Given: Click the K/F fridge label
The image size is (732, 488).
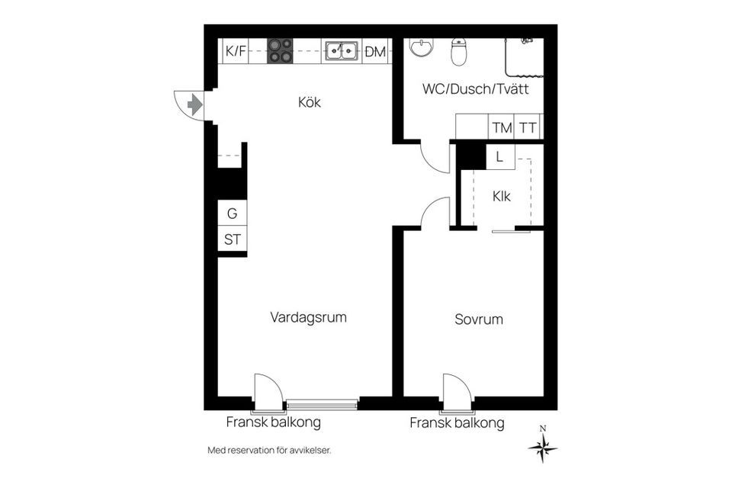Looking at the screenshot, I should coord(236,52).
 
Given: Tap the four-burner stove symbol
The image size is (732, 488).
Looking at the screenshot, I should coord(279,51).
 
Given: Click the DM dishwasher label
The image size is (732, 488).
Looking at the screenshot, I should coord(375,52).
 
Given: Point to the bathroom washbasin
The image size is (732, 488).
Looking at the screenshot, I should coord(420,48).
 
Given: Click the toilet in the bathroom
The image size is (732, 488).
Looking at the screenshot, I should coord(459,51).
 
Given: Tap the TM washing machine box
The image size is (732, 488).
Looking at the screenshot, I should coord(501,128).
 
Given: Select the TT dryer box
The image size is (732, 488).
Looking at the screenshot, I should coord(528,128).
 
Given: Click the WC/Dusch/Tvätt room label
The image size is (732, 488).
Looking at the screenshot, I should coord(476,89).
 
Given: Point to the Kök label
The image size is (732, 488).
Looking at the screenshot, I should coord(309,103).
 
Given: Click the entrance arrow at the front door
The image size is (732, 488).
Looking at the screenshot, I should coord(194,104).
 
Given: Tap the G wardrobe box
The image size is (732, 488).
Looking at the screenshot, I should coord(232,213).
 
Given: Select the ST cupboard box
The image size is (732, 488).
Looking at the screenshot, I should coord(232,239).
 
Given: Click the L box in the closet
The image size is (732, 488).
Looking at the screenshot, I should coord(499,157).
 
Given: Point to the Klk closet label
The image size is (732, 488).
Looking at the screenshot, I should coord(501,196).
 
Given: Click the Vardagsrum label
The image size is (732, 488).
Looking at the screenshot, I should coord(308,317).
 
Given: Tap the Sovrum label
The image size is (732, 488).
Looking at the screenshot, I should coord(479,319).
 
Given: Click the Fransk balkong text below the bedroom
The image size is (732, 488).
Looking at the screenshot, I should coord(457,423).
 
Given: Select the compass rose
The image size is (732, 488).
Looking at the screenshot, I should coord(542,448).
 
